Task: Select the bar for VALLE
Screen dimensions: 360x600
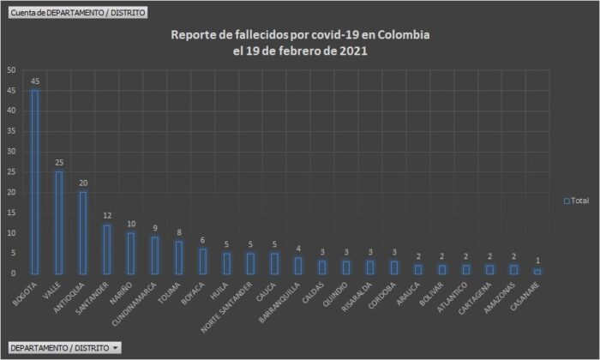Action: (x=59, y=222)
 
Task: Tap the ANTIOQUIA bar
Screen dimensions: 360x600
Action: (x=83, y=232)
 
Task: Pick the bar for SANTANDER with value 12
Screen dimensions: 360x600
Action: (x=107, y=249)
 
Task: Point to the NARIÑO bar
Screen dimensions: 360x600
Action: (x=131, y=253)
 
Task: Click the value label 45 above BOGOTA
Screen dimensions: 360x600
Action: (x=35, y=81)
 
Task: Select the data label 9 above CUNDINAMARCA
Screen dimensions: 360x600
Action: (x=154, y=228)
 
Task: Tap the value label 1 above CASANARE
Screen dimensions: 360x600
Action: (x=537, y=261)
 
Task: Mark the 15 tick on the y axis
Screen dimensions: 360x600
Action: (x=9, y=213)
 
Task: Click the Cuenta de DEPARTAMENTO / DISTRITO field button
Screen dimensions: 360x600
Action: (x=77, y=13)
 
